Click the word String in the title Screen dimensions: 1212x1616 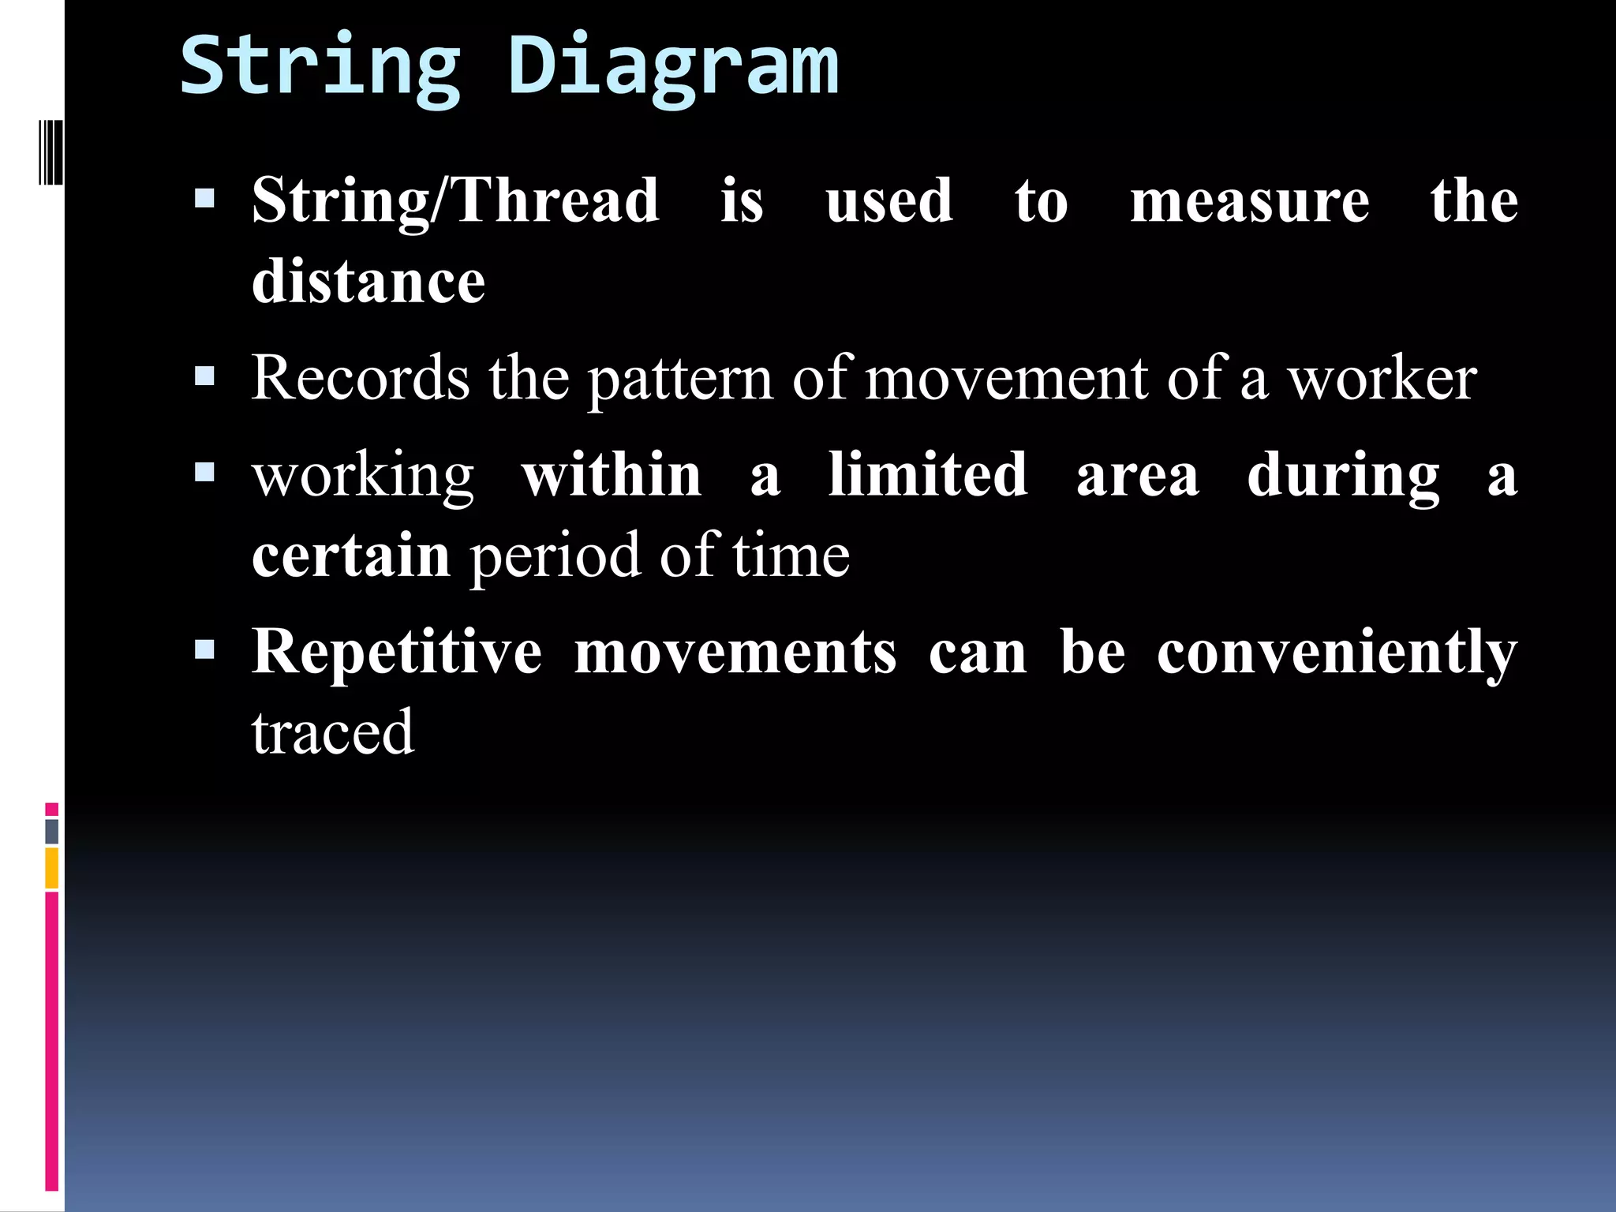tap(320, 67)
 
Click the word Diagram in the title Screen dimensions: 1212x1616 tap(672, 67)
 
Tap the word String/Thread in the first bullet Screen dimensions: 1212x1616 tap(455, 201)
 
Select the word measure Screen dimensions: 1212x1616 tap(1249, 201)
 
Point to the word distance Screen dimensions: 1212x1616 tap(368, 282)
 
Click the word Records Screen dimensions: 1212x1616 tap(361, 378)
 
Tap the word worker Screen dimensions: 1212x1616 tap(1382, 379)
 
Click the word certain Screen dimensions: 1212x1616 tap(351, 555)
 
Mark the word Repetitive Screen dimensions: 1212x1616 tap(396, 653)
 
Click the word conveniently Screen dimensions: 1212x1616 tap(1337, 654)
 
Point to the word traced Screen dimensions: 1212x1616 tap(332, 732)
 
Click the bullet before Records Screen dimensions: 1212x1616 tap(204, 376)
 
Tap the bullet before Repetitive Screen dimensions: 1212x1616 tap(204, 649)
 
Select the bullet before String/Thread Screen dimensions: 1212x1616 tap(204, 197)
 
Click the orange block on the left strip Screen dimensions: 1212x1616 tap(52, 868)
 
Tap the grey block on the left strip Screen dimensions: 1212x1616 tap(52, 831)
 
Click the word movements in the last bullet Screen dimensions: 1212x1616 tap(735, 653)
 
